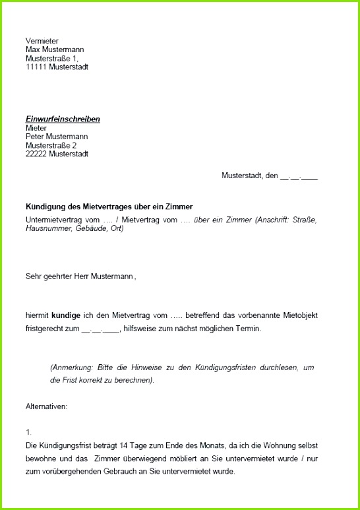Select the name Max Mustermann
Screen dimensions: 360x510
55,49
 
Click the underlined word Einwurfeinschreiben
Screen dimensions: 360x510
63,119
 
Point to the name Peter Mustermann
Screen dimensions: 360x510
56,137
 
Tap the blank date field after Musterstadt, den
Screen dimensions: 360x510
299,176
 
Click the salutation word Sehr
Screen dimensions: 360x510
33,276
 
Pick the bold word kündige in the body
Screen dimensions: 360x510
65,315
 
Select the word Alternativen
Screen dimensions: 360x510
46,406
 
